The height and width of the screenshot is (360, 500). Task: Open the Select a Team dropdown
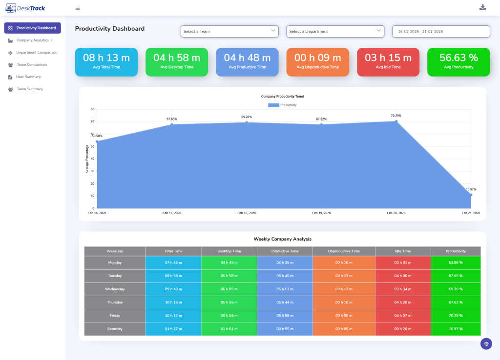tap(229, 31)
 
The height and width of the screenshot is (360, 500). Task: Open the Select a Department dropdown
tap(335, 31)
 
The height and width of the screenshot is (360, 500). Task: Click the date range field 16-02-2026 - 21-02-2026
tap(440, 31)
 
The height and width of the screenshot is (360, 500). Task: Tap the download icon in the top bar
tap(483, 7)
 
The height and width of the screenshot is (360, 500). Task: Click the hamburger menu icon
tap(78, 8)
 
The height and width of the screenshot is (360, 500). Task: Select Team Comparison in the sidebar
tap(31, 64)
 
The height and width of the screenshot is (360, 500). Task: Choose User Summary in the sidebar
tap(28, 77)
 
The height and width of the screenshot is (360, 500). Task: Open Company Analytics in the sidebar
tap(33, 40)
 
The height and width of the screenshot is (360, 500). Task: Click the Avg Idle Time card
tap(388, 62)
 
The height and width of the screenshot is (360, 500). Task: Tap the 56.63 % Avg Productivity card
tap(458, 62)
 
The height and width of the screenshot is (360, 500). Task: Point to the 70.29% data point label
tap(396, 116)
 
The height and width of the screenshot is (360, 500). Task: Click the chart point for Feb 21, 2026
tap(471, 195)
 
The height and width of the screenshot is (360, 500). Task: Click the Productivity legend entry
tap(282, 105)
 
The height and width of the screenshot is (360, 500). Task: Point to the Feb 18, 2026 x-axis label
tap(247, 213)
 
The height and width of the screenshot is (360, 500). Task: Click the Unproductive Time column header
tap(344, 251)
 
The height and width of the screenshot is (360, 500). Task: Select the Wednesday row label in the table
tap(115, 289)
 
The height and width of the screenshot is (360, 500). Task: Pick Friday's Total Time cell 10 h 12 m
tap(173, 316)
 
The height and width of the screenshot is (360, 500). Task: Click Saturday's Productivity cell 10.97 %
tap(456, 329)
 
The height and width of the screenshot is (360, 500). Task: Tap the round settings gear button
tap(486, 343)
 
